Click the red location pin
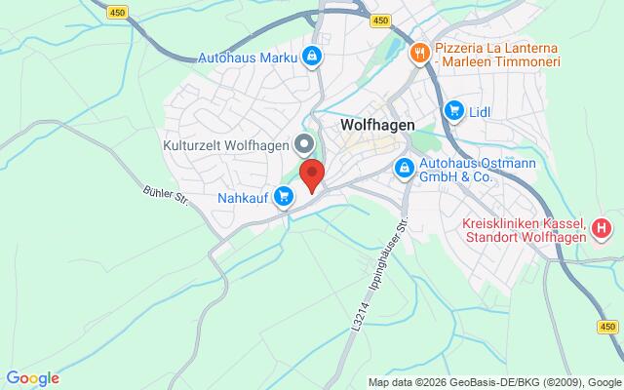point(311,176)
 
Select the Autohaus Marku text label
point(248,57)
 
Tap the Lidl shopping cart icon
point(453,111)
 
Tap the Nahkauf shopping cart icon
point(284,197)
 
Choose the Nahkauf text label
point(243,198)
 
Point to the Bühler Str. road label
point(164,196)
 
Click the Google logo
point(32,378)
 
